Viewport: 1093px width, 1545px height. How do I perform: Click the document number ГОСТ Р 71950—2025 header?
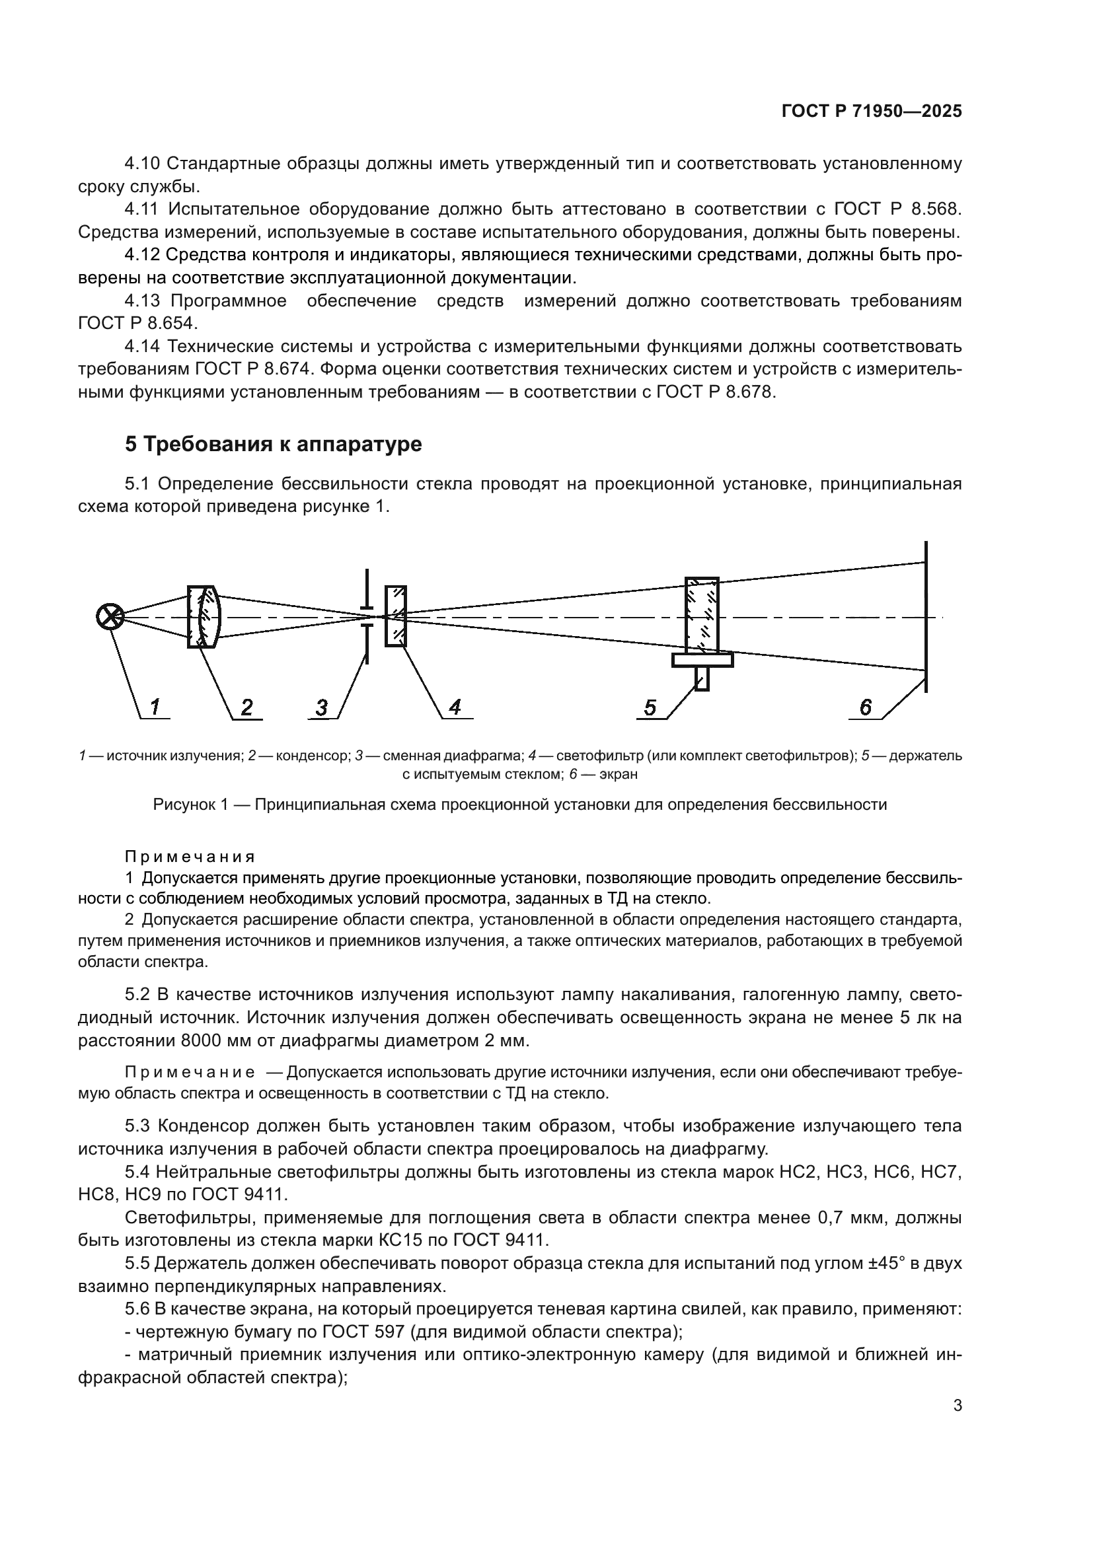[872, 112]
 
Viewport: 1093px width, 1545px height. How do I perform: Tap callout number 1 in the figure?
[155, 707]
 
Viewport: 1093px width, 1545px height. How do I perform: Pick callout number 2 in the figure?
[247, 707]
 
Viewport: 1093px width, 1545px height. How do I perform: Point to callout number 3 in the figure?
[322, 708]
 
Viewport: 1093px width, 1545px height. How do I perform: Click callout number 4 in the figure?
[455, 707]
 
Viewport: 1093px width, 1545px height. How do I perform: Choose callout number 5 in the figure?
[650, 708]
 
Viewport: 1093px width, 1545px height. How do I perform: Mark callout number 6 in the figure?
[866, 707]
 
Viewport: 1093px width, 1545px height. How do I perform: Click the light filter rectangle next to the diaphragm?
[396, 616]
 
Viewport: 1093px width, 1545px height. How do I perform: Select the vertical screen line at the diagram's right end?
[926, 616]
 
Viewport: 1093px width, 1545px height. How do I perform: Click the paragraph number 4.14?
[143, 347]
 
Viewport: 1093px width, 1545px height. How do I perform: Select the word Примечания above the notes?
[190, 857]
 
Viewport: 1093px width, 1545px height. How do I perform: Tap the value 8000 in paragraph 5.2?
[204, 1041]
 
